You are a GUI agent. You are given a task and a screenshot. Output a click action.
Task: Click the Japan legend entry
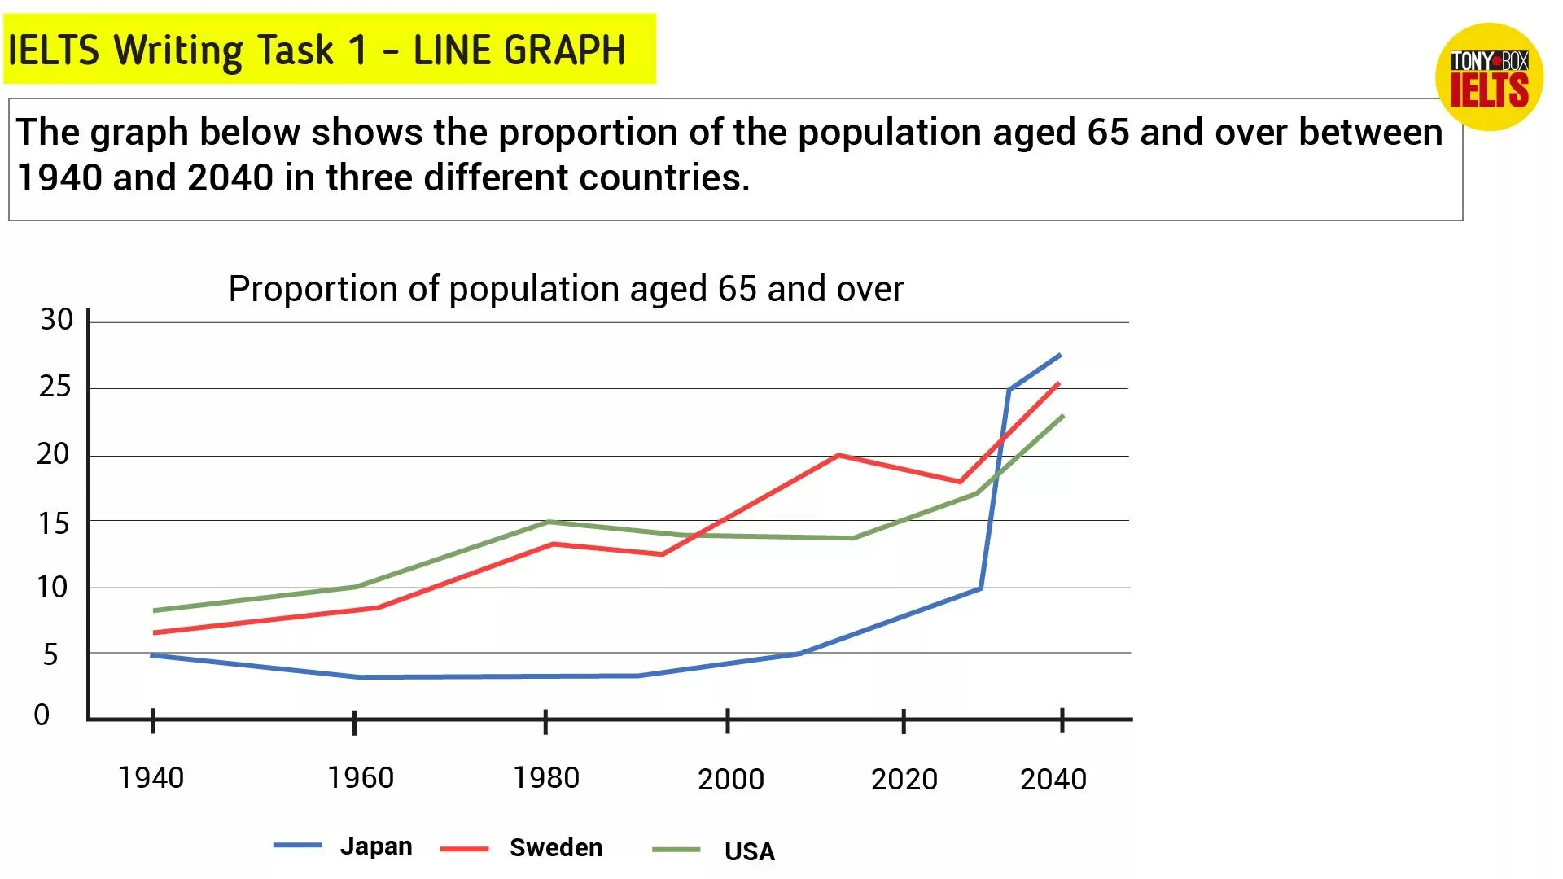coord(375,846)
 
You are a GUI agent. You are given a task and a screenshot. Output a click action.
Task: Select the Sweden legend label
coord(556,848)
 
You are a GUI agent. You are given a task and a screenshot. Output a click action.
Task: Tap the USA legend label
coord(749,851)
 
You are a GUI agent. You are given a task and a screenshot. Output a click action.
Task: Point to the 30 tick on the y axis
coord(57,320)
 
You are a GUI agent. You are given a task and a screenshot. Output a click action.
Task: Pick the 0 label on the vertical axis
coord(42,715)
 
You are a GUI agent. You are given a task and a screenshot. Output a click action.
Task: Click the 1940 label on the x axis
coord(151,778)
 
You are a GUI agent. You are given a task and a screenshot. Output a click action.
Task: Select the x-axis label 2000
coord(731,780)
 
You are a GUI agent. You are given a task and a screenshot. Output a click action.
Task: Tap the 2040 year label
coord(1053,780)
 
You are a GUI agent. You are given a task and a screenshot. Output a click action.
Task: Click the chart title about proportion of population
coord(566,289)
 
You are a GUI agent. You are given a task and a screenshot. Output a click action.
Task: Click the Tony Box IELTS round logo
coord(1489,77)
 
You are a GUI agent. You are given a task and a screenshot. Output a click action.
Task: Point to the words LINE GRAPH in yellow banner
coord(519,50)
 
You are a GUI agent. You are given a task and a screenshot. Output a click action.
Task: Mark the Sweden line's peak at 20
coord(838,455)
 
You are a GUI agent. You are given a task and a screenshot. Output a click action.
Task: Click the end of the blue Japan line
coord(1060,355)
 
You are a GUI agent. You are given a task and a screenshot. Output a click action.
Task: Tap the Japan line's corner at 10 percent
coord(981,588)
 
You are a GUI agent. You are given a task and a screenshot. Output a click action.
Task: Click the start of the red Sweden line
coord(155,632)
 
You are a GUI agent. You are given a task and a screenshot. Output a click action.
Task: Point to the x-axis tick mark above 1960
coord(354,721)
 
